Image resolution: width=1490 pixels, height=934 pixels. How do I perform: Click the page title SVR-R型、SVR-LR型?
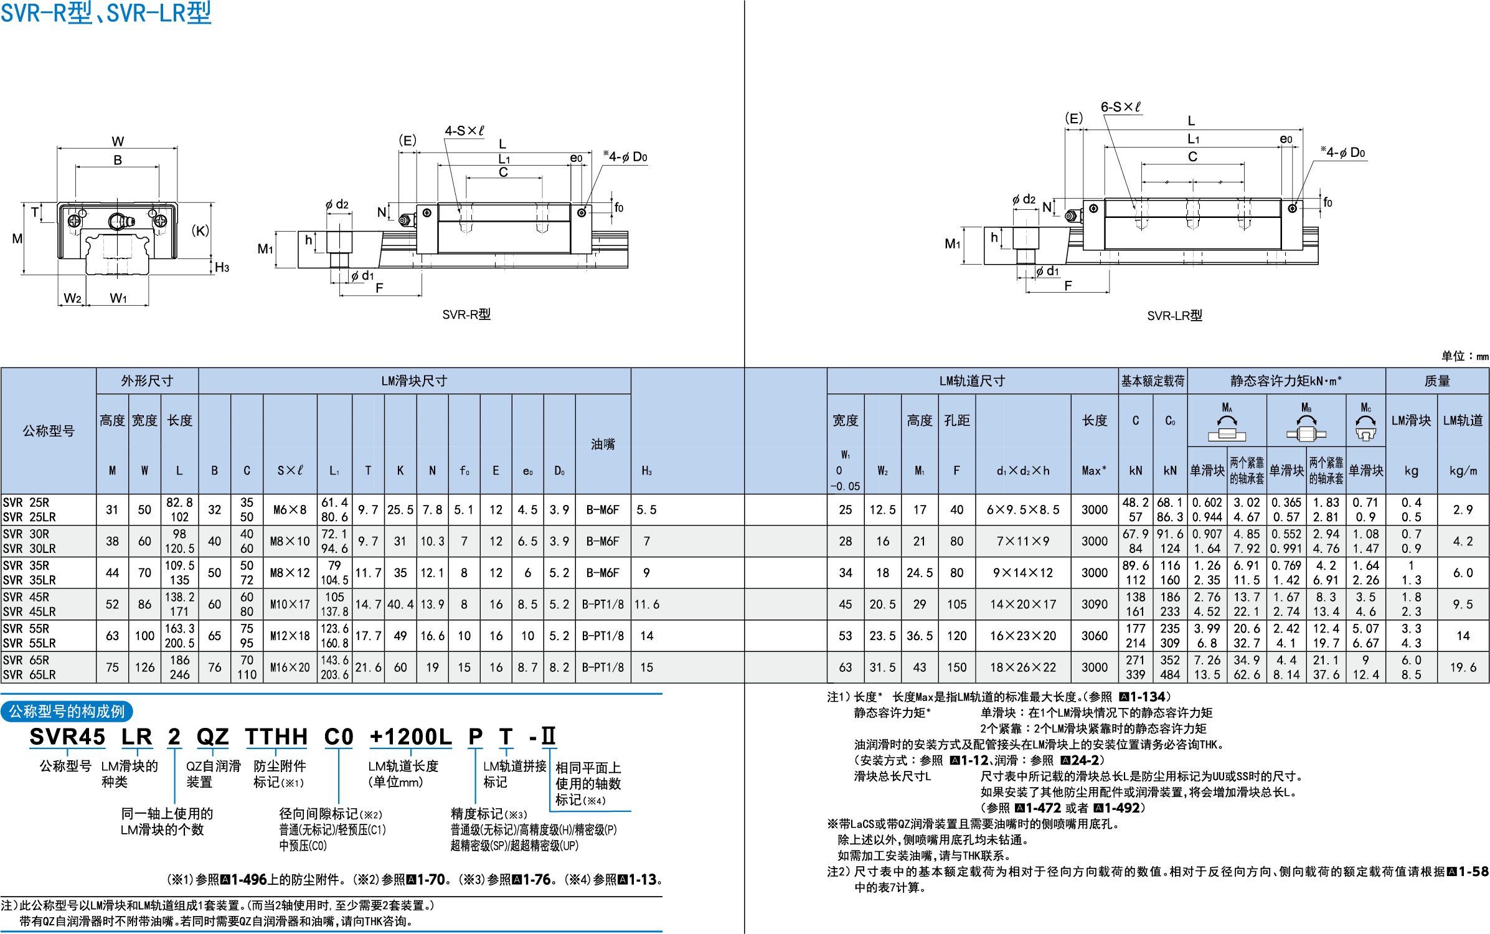[x=106, y=12]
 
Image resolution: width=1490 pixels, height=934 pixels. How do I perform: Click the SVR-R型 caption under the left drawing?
[x=466, y=314]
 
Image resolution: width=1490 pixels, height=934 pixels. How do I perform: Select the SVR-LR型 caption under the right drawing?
[x=1174, y=316]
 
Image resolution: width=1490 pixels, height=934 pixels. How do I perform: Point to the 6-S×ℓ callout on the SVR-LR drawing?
[x=1121, y=107]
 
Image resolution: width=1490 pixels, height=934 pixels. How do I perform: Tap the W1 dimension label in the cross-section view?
[x=118, y=298]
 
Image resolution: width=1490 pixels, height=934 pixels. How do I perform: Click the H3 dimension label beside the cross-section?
[x=222, y=268]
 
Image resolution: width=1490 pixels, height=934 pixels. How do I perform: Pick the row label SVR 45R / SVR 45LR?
[x=29, y=604]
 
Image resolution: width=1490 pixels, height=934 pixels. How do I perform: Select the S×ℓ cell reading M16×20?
[x=290, y=667]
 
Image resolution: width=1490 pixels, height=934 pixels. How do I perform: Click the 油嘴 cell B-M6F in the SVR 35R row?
[x=603, y=573]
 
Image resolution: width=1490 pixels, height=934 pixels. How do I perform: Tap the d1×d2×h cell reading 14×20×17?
[x=1023, y=604]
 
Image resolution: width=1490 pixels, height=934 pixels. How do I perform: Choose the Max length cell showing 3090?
[x=1095, y=604]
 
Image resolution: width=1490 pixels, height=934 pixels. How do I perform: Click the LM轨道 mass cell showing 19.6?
[x=1463, y=667]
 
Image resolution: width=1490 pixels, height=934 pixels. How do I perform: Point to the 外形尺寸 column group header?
[x=147, y=381]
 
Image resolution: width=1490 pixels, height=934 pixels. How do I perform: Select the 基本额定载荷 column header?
[x=1153, y=381]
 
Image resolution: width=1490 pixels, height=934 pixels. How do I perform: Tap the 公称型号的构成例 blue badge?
[x=67, y=712]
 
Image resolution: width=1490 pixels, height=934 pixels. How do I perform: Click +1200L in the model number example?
[x=410, y=737]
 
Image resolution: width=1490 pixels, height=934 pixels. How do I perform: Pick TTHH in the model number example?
[x=276, y=737]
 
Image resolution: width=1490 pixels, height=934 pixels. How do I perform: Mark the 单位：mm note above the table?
[x=1464, y=356]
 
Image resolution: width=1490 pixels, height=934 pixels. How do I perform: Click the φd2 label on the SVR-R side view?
[x=337, y=204]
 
